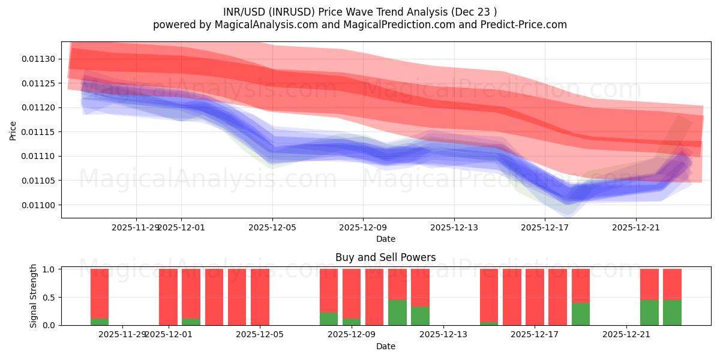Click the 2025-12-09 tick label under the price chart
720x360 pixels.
coord(363,227)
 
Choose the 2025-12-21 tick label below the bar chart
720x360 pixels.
coord(626,335)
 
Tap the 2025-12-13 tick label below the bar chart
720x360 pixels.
coord(443,335)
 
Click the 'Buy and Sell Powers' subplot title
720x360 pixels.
coord(385,257)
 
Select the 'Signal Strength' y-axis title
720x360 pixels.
coord(34,296)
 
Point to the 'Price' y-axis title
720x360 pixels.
coord(13,130)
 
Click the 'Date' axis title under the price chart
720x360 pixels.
coord(385,239)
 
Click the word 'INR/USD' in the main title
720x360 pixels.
coord(242,11)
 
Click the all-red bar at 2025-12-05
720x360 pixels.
coord(260,297)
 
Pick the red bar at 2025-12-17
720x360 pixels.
coord(557,297)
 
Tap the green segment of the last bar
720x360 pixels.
coord(672,313)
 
